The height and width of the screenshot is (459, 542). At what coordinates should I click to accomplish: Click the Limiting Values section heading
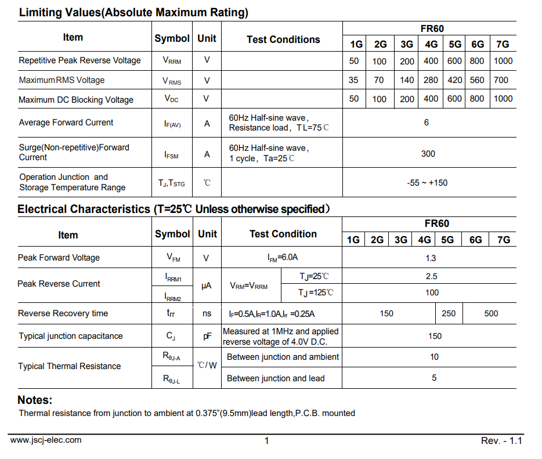point(133,12)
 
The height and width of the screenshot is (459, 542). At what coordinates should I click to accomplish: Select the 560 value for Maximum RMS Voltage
point(477,80)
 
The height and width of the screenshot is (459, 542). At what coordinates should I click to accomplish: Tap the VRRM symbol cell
point(172,60)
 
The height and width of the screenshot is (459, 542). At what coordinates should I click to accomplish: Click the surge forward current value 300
point(428,154)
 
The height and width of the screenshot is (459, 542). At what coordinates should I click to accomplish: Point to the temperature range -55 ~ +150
point(428,183)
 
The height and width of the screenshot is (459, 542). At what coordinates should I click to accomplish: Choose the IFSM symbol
point(172,155)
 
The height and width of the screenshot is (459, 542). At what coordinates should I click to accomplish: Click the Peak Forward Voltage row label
point(59,258)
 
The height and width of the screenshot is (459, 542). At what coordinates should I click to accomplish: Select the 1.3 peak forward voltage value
point(431,258)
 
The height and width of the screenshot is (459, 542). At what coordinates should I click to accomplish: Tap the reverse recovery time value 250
point(449,313)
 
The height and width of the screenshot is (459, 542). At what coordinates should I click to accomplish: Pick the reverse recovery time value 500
point(491,313)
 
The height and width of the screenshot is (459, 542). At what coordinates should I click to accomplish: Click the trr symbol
point(171,313)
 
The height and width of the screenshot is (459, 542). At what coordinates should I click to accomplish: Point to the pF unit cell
point(207,336)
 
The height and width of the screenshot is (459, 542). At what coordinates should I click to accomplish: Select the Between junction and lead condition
point(276,378)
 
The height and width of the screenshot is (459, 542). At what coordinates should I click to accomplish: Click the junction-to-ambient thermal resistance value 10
point(434,357)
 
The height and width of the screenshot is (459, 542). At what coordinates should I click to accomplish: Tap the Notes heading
point(35,400)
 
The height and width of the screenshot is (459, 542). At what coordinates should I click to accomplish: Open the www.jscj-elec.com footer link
point(46,440)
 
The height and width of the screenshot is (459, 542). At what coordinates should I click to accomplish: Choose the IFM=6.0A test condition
point(283,258)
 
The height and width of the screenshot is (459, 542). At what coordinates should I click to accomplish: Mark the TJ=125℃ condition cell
point(316,292)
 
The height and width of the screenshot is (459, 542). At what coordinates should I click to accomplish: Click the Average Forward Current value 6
point(427,122)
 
